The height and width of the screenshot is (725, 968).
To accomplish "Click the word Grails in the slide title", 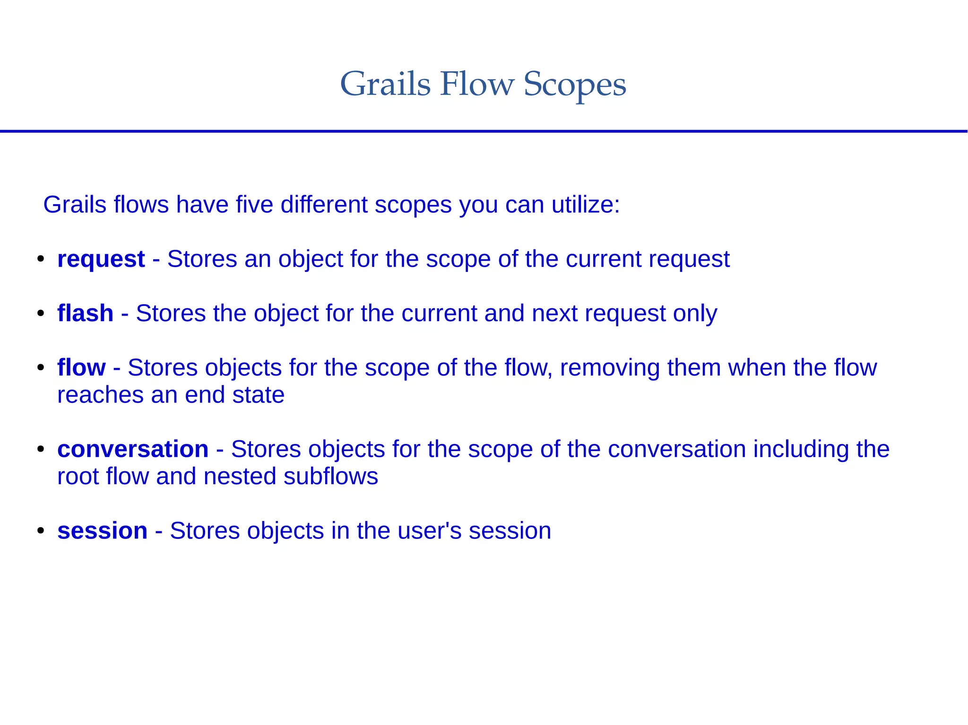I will click(385, 84).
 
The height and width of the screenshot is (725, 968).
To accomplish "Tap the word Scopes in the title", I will click(574, 85).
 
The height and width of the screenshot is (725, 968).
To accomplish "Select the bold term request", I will click(101, 259).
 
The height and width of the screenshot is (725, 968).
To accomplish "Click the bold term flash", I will click(85, 313).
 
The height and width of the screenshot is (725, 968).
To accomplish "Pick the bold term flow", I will click(81, 367).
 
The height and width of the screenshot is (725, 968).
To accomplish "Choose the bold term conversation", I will click(133, 449).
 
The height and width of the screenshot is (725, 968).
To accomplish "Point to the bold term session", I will click(102, 531).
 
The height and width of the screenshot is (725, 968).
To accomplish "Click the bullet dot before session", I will click(41, 531).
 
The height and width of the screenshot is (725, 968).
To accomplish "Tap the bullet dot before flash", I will click(41, 313).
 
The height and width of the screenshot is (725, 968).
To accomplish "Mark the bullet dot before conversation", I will click(41, 449).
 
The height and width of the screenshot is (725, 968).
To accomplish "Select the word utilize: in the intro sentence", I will click(586, 205).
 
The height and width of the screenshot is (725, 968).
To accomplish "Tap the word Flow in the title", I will click(476, 84).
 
